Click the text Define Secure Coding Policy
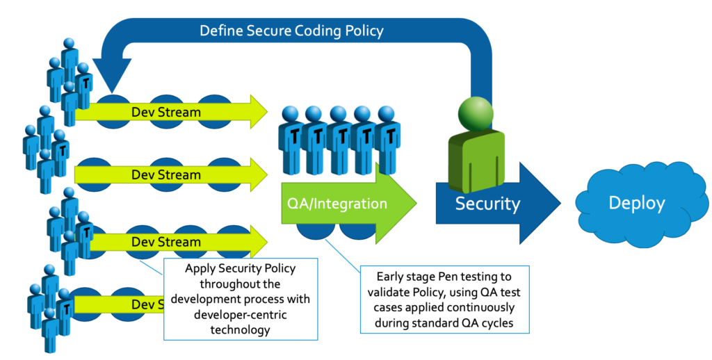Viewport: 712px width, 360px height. (x=291, y=31)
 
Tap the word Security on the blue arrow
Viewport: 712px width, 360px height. (x=487, y=204)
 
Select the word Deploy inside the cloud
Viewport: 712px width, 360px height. (x=637, y=203)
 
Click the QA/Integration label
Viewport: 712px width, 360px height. (x=337, y=204)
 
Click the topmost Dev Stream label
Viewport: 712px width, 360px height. (x=166, y=112)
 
